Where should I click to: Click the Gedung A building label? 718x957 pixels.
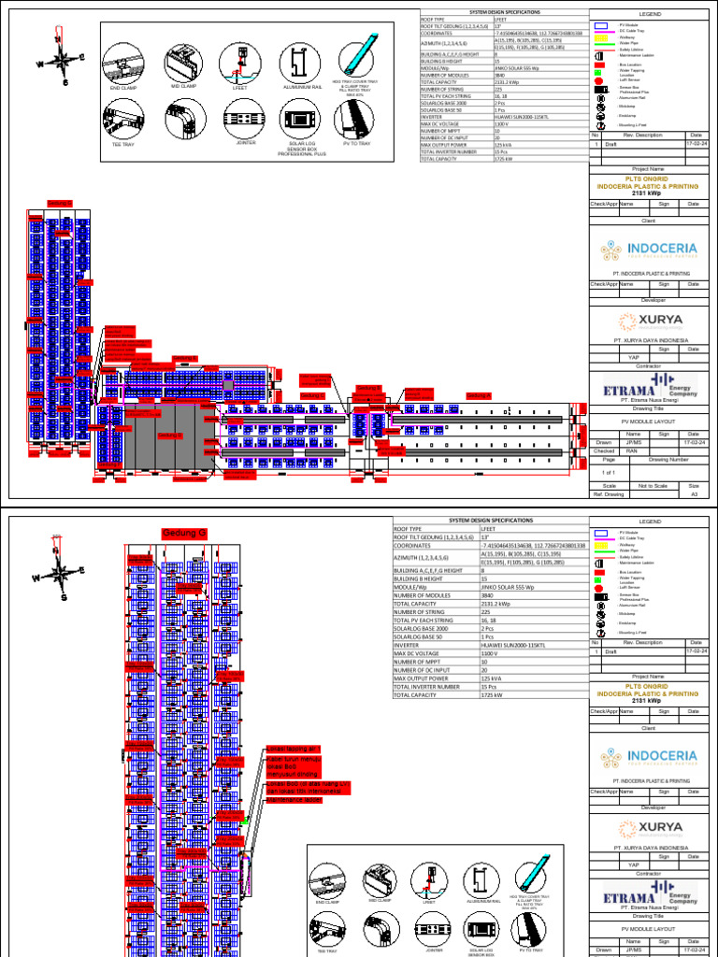coord(479,396)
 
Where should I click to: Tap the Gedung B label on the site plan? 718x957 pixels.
coord(369,388)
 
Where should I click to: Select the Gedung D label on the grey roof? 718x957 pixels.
coord(169,435)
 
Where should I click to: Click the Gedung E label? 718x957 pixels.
coord(185,357)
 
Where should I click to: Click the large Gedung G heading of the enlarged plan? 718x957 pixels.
coord(183,534)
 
